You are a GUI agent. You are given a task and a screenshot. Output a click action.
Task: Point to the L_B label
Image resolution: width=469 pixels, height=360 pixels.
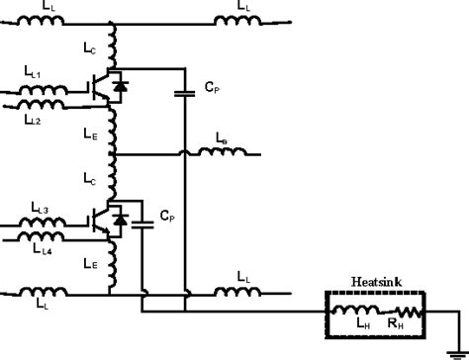coord(222,141)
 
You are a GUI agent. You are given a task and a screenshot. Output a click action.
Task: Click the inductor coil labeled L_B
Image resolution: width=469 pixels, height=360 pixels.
coord(221,155)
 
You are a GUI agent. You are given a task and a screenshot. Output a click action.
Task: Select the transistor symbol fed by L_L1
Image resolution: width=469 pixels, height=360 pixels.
coord(100,87)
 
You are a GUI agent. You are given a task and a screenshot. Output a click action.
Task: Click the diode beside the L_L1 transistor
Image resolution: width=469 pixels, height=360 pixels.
coord(122,87)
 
